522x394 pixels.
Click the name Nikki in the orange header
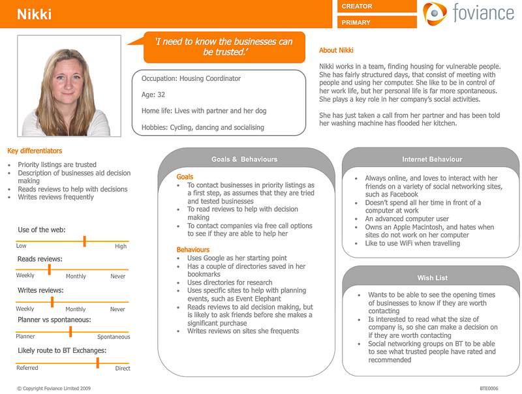point(35,14)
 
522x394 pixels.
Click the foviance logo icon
point(435,13)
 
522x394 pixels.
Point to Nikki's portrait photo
point(69,86)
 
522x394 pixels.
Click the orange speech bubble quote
point(224,47)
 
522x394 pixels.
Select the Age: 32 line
point(153,95)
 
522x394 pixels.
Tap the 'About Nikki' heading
point(336,50)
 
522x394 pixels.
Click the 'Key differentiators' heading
point(35,151)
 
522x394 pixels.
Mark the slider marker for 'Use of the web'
point(85,241)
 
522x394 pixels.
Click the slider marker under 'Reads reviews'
point(50,269)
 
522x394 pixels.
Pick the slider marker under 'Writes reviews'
point(52,302)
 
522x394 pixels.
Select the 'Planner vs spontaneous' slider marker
point(70,331)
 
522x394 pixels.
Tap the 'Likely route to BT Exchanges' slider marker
point(97,363)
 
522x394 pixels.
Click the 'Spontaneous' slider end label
point(114,337)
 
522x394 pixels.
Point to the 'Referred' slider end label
point(27,368)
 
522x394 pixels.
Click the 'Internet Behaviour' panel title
point(432,159)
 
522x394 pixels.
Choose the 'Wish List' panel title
point(433,278)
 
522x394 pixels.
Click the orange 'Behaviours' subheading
point(193,250)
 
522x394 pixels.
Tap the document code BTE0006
point(489,388)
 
